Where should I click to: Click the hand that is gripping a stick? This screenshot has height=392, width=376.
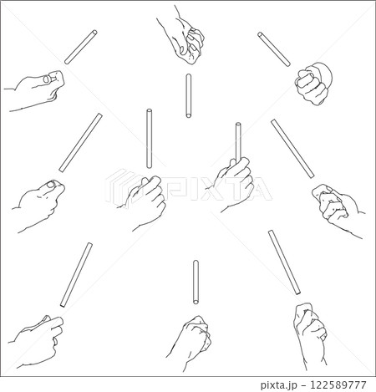click(236, 184)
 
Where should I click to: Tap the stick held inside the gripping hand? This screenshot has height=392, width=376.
click(238, 143)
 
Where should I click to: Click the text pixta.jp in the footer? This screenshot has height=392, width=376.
click(278, 384)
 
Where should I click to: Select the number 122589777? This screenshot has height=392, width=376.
click(338, 384)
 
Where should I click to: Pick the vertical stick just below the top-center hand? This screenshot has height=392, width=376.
click(189, 95)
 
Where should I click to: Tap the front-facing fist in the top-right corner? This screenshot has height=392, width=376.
click(313, 84)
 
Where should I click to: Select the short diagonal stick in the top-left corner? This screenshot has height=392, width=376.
click(81, 47)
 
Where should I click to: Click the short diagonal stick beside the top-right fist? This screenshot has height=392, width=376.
click(274, 49)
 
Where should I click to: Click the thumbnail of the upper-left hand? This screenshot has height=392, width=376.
click(47, 79)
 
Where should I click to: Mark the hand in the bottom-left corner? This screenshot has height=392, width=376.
click(36, 341)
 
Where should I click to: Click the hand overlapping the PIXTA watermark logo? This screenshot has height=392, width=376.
click(145, 202)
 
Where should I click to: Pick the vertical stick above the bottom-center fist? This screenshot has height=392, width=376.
click(196, 282)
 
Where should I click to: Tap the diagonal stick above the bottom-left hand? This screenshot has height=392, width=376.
click(76, 275)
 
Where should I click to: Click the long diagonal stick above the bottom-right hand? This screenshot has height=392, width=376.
click(284, 262)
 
